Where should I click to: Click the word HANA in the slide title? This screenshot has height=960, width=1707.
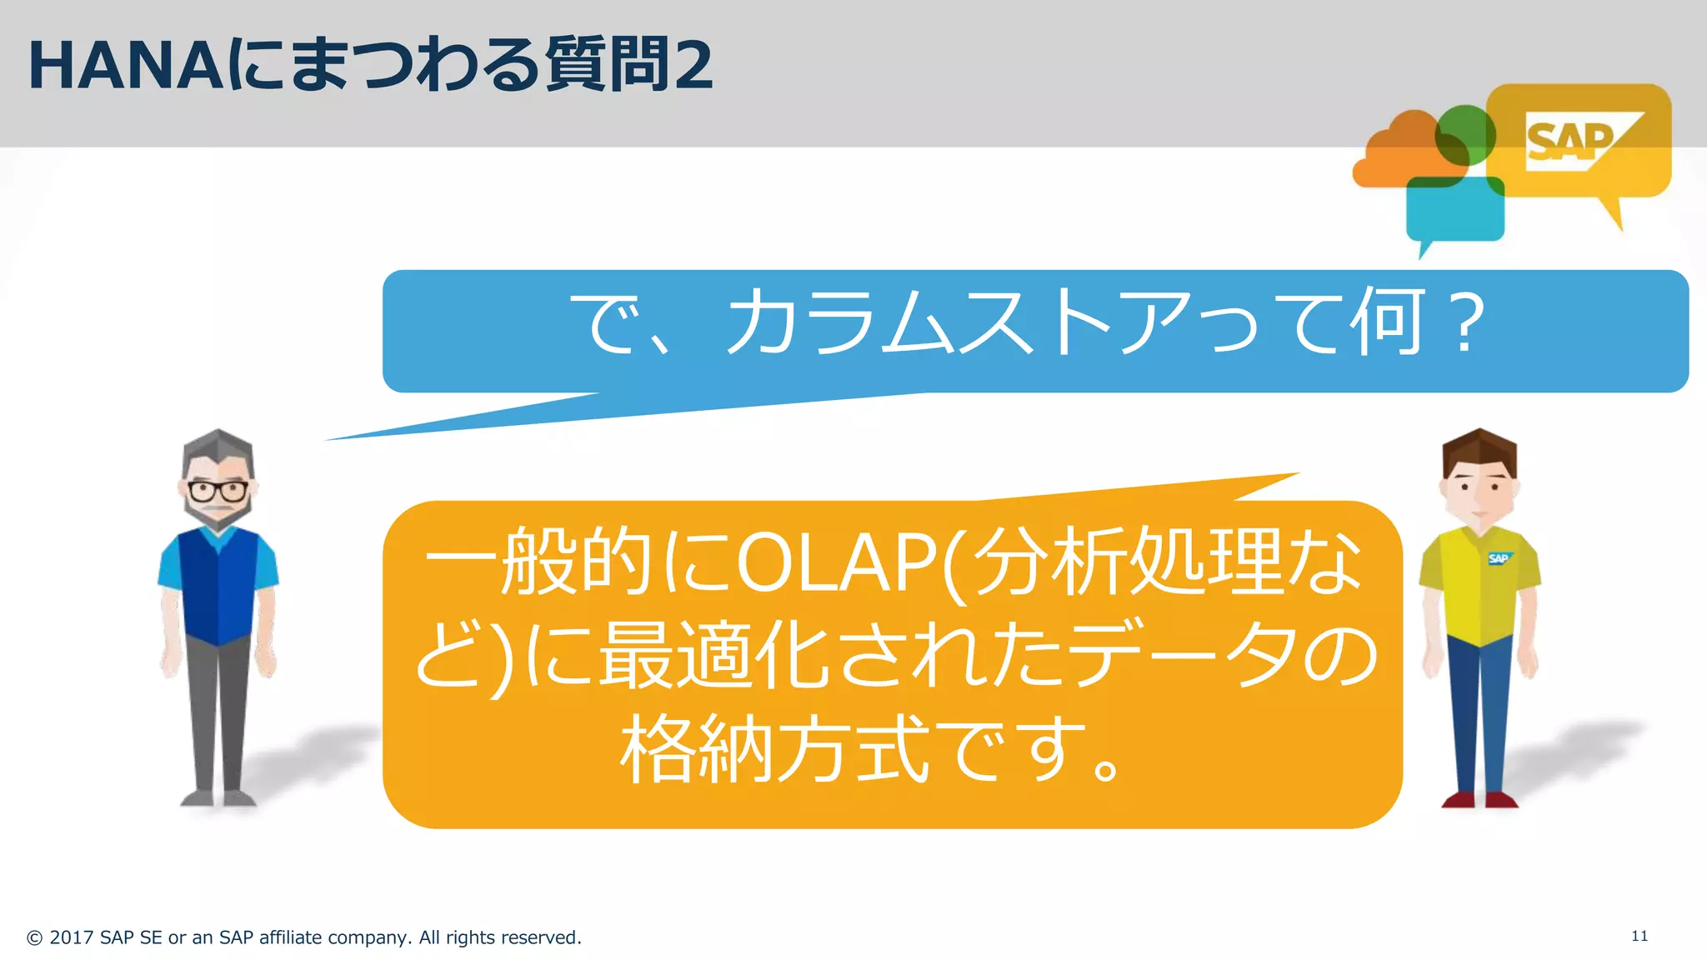coord(125,67)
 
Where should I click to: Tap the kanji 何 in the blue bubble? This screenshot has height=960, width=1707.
coord(1385,322)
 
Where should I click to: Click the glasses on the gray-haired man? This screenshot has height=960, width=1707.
coord(218,490)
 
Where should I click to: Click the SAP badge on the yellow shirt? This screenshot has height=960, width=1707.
coord(1499,558)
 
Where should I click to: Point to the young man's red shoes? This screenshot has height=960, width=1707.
coord(1479,800)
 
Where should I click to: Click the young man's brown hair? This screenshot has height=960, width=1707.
coord(1479,450)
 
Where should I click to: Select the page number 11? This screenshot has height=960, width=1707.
coord(1639,936)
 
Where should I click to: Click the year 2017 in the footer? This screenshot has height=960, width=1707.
coord(71,937)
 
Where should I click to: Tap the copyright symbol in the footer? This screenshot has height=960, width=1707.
coord(34,938)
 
